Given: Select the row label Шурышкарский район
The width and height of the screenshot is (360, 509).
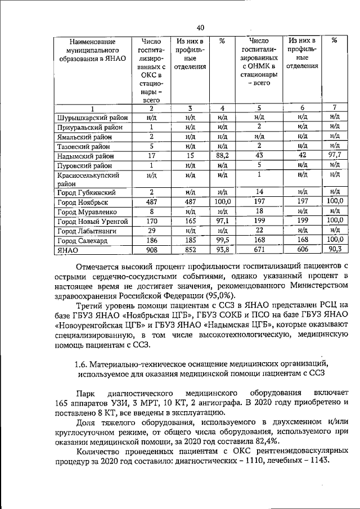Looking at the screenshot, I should [92, 118].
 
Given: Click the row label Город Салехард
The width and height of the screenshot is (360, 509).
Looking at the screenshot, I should [80, 240].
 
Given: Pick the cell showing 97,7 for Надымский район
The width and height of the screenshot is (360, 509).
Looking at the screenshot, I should [334, 155].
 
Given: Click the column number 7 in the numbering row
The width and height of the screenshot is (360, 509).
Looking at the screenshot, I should [334, 108].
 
